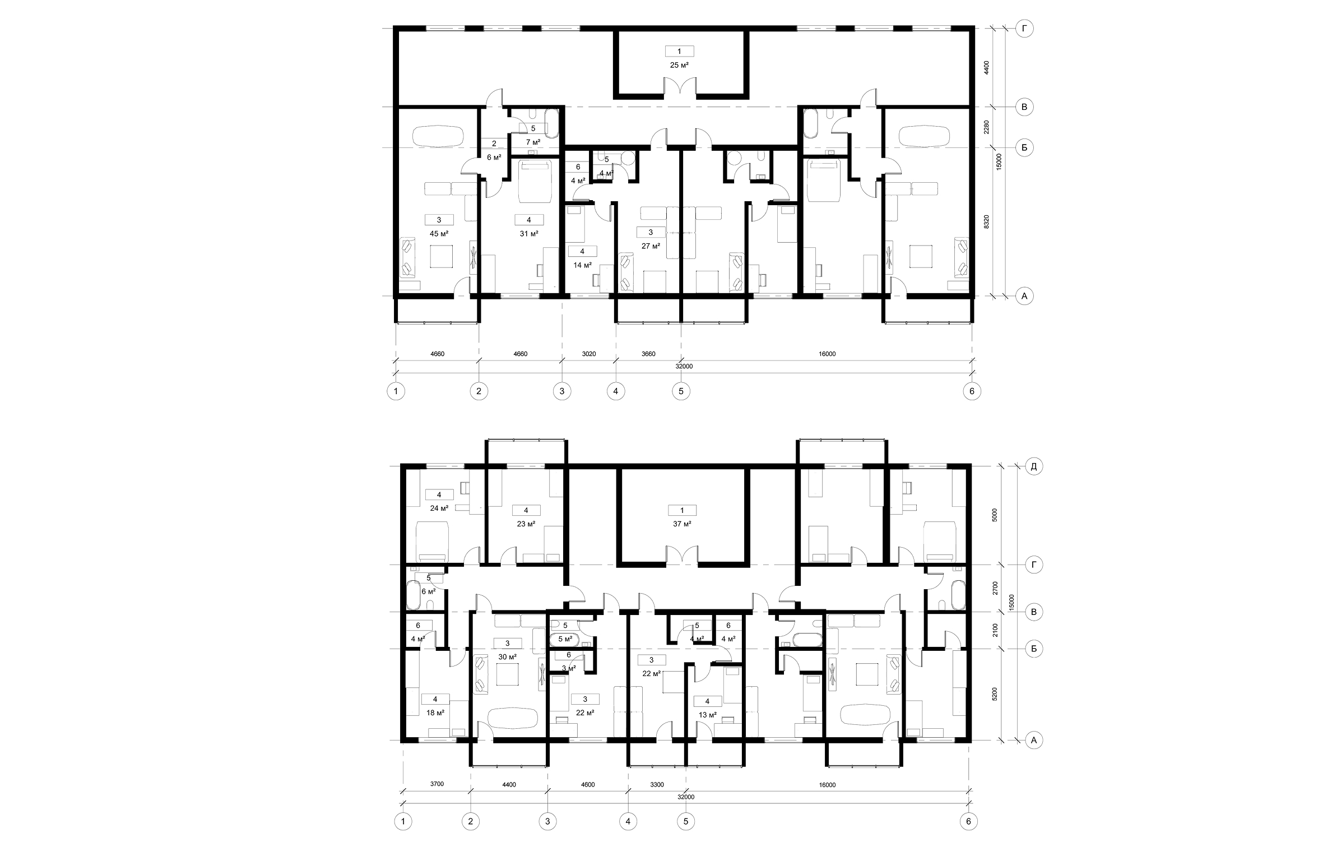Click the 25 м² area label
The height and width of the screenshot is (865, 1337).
679,65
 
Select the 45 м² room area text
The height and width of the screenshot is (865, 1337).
439,234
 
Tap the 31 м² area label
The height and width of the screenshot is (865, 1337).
529,234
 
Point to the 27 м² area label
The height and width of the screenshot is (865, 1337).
651,246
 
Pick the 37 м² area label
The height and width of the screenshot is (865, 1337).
682,524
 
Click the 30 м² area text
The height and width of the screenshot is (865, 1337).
508,656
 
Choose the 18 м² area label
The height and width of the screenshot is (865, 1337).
435,713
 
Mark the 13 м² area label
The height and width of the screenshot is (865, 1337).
707,715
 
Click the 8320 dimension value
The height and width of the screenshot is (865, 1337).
987,221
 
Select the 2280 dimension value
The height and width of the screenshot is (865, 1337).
987,127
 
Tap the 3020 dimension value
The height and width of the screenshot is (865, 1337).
589,354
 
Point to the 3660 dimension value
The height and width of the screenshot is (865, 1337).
648,354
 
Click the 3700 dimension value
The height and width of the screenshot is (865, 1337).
437,784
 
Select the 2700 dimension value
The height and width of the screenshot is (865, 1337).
995,588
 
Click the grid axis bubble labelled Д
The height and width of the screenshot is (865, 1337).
1033,466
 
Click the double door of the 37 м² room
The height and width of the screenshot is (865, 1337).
682,554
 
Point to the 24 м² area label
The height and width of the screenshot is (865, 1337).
439,508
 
